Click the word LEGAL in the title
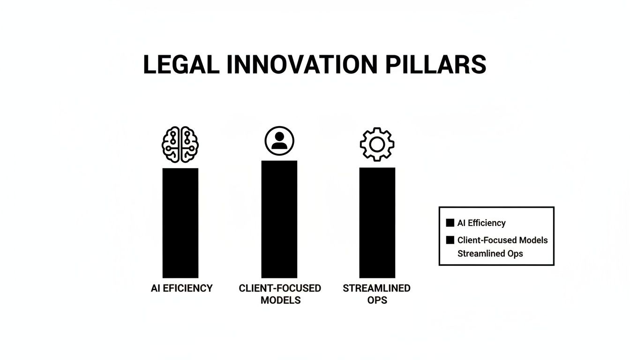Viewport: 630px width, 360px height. (x=181, y=64)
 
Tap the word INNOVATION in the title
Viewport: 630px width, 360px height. (x=302, y=64)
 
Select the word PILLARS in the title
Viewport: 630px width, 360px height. (x=435, y=64)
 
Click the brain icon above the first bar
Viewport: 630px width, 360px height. (x=180, y=144)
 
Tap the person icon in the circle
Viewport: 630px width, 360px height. (x=279, y=141)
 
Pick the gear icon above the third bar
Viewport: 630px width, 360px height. (x=377, y=144)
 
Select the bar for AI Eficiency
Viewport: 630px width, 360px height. (x=180, y=223)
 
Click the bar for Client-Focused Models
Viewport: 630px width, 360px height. (x=279, y=219)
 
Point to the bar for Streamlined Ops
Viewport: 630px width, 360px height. (x=377, y=223)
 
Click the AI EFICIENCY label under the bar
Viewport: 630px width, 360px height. (x=182, y=288)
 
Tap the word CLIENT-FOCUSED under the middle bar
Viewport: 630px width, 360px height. (x=280, y=288)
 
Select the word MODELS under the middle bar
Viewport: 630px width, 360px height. (x=281, y=300)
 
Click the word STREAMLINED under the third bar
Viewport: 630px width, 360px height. (x=376, y=288)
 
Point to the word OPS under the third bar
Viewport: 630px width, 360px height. (x=377, y=300)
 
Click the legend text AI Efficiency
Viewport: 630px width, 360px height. (x=481, y=223)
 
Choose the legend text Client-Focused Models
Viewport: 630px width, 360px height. (x=502, y=240)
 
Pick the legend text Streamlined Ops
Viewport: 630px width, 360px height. (x=490, y=254)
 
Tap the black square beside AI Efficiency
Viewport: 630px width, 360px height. (x=450, y=223)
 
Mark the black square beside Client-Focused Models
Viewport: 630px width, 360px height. (x=450, y=240)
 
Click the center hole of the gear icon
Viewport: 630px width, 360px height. (x=377, y=144)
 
